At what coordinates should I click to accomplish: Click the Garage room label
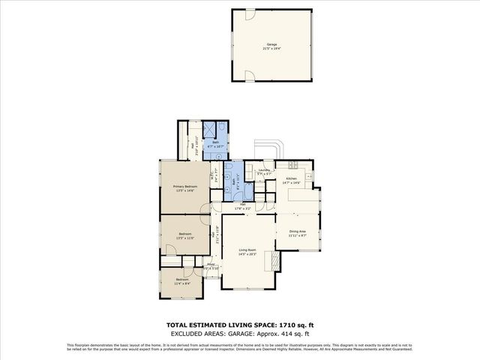click(x=271, y=44)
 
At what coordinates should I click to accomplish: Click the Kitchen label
click(x=291, y=178)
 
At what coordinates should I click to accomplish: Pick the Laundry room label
click(x=263, y=170)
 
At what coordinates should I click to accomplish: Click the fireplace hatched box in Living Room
click(x=274, y=260)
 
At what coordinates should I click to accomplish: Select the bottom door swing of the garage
click(x=249, y=75)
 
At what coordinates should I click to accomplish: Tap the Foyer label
click(x=211, y=264)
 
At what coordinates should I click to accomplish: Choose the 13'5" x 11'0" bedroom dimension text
click(x=185, y=238)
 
